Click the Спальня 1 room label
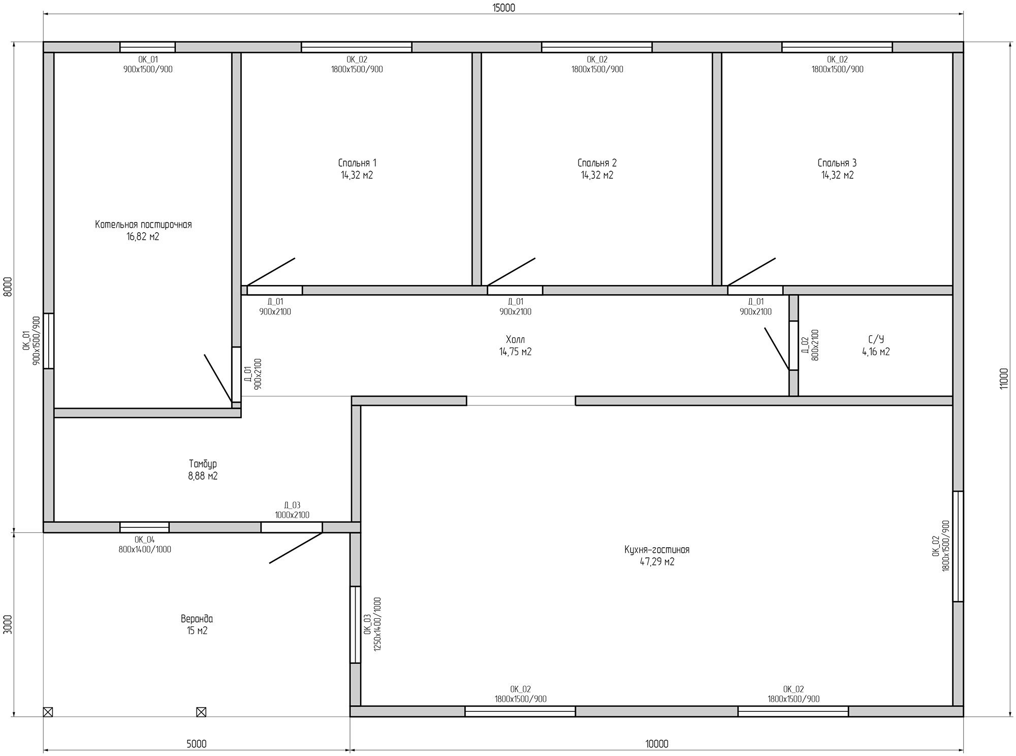[x=357, y=163]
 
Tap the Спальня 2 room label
[x=597, y=163]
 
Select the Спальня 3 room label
[x=837, y=163]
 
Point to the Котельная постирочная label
[x=143, y=225]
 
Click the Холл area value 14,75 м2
[x=515, y=352]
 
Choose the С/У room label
[x=876, y=339]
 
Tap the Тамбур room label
[x=203, y=464]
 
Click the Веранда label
[x=197, y=619]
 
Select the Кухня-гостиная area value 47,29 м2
[x=657, y=562]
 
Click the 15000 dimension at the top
[x=503, y=8]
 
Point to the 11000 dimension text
[x=1003, y=379]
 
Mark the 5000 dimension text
[x=196, y=744]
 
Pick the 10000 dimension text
[x=657, y=744]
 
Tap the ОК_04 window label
[x=145, y=540]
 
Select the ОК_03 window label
[x=367, y=624]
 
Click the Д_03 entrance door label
[x=292, y=505]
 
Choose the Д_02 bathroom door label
[x=804, y=345]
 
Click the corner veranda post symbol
[x=48, y=712]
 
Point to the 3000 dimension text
[x=7, y=624]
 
